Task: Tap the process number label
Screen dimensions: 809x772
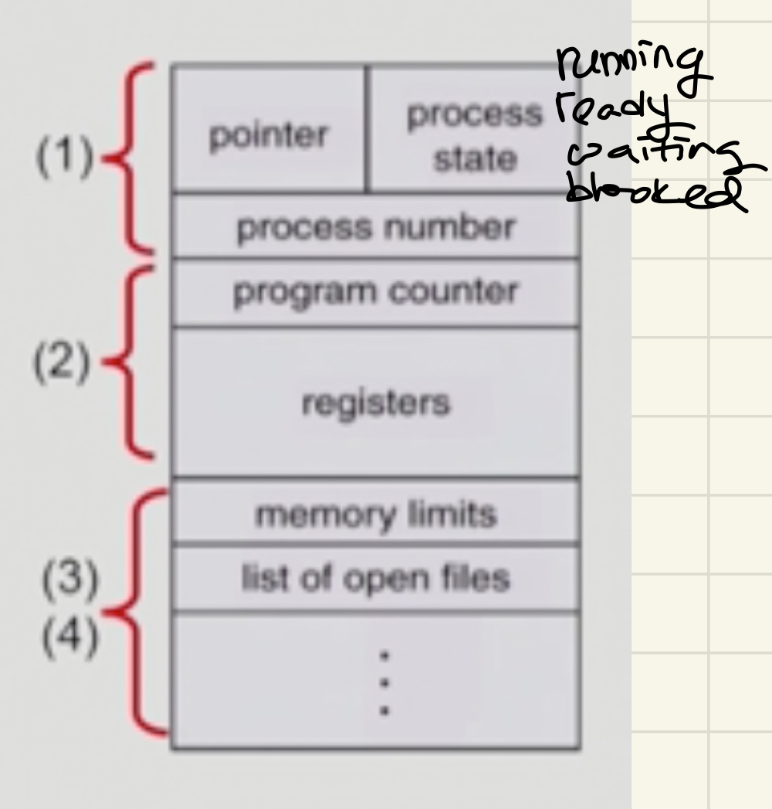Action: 375,228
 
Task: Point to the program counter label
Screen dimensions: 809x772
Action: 375,292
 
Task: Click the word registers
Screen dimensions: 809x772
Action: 375,403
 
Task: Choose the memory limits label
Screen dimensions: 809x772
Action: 375,514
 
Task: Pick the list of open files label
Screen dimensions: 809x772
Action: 375,578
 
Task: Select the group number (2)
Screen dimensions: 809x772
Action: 62,362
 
